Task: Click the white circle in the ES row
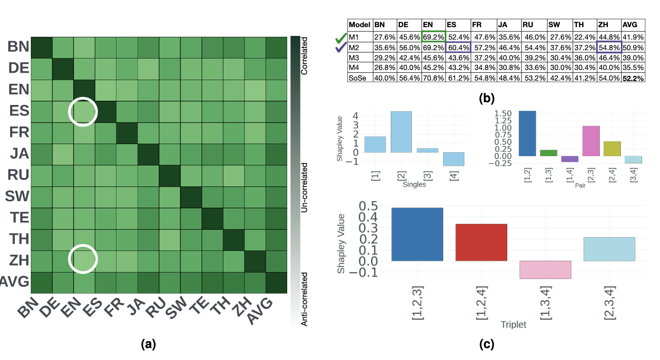[83, 111]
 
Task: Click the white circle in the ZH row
[83, 260]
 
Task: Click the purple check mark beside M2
[341, 48]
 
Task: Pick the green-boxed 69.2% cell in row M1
[433, 37]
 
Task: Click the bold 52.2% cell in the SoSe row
[633, 78]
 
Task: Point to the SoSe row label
[357, 78]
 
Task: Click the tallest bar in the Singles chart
[401, 132]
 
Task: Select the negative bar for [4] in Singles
[453, 159]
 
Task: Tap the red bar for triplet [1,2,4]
[481, 243]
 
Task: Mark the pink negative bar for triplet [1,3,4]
[545, 269]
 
